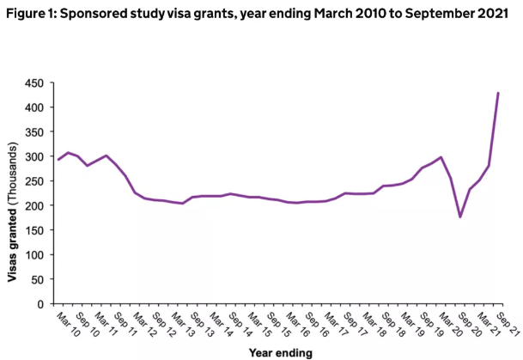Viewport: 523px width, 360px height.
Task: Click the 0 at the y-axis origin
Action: point(40,304)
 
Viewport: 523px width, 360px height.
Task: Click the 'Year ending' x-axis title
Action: point(280,352)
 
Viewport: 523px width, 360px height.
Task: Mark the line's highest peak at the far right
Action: point(498,93)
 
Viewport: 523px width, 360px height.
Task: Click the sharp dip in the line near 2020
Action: point(460,217)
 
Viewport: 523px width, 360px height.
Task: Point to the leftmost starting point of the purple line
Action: point(58,160)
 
